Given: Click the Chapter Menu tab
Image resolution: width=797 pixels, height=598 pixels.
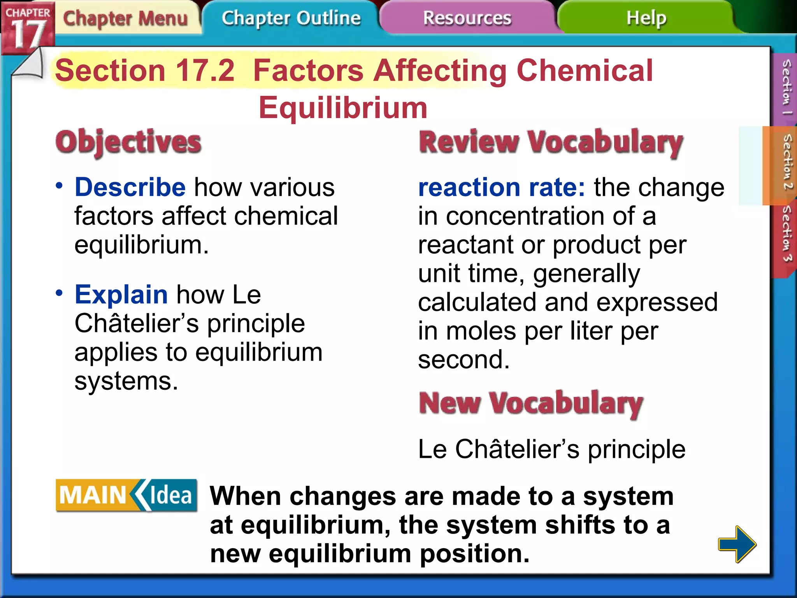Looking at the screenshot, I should [x=125, y=18].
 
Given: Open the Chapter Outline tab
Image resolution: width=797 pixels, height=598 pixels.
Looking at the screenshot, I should [x=291, y=18].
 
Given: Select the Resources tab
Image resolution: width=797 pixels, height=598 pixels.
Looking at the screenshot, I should [x=467, y=18].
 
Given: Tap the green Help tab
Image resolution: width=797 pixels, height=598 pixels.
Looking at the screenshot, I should [x=646, y=18].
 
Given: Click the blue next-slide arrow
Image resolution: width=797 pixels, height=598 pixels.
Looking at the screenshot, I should [x=737, y=544].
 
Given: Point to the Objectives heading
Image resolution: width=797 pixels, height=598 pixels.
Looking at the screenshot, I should [x=128, y=142].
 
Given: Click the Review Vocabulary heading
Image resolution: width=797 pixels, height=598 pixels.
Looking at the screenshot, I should [x=551, y=142].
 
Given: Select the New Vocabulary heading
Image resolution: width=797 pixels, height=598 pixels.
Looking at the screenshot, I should [x=531, y=403].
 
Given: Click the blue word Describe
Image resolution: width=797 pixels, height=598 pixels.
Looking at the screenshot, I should [x=130, y=187].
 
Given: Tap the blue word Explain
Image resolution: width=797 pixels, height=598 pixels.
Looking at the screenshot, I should [x=121, y=294].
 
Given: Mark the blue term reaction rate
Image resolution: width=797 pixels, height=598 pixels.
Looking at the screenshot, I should [x=501, y=187].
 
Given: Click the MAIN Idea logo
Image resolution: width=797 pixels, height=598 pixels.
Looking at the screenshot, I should [x=126, y=495].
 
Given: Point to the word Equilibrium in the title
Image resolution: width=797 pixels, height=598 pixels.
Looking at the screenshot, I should [x=343, y=108].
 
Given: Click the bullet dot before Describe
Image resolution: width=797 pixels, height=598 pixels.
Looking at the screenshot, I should [x=59, y=185].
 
